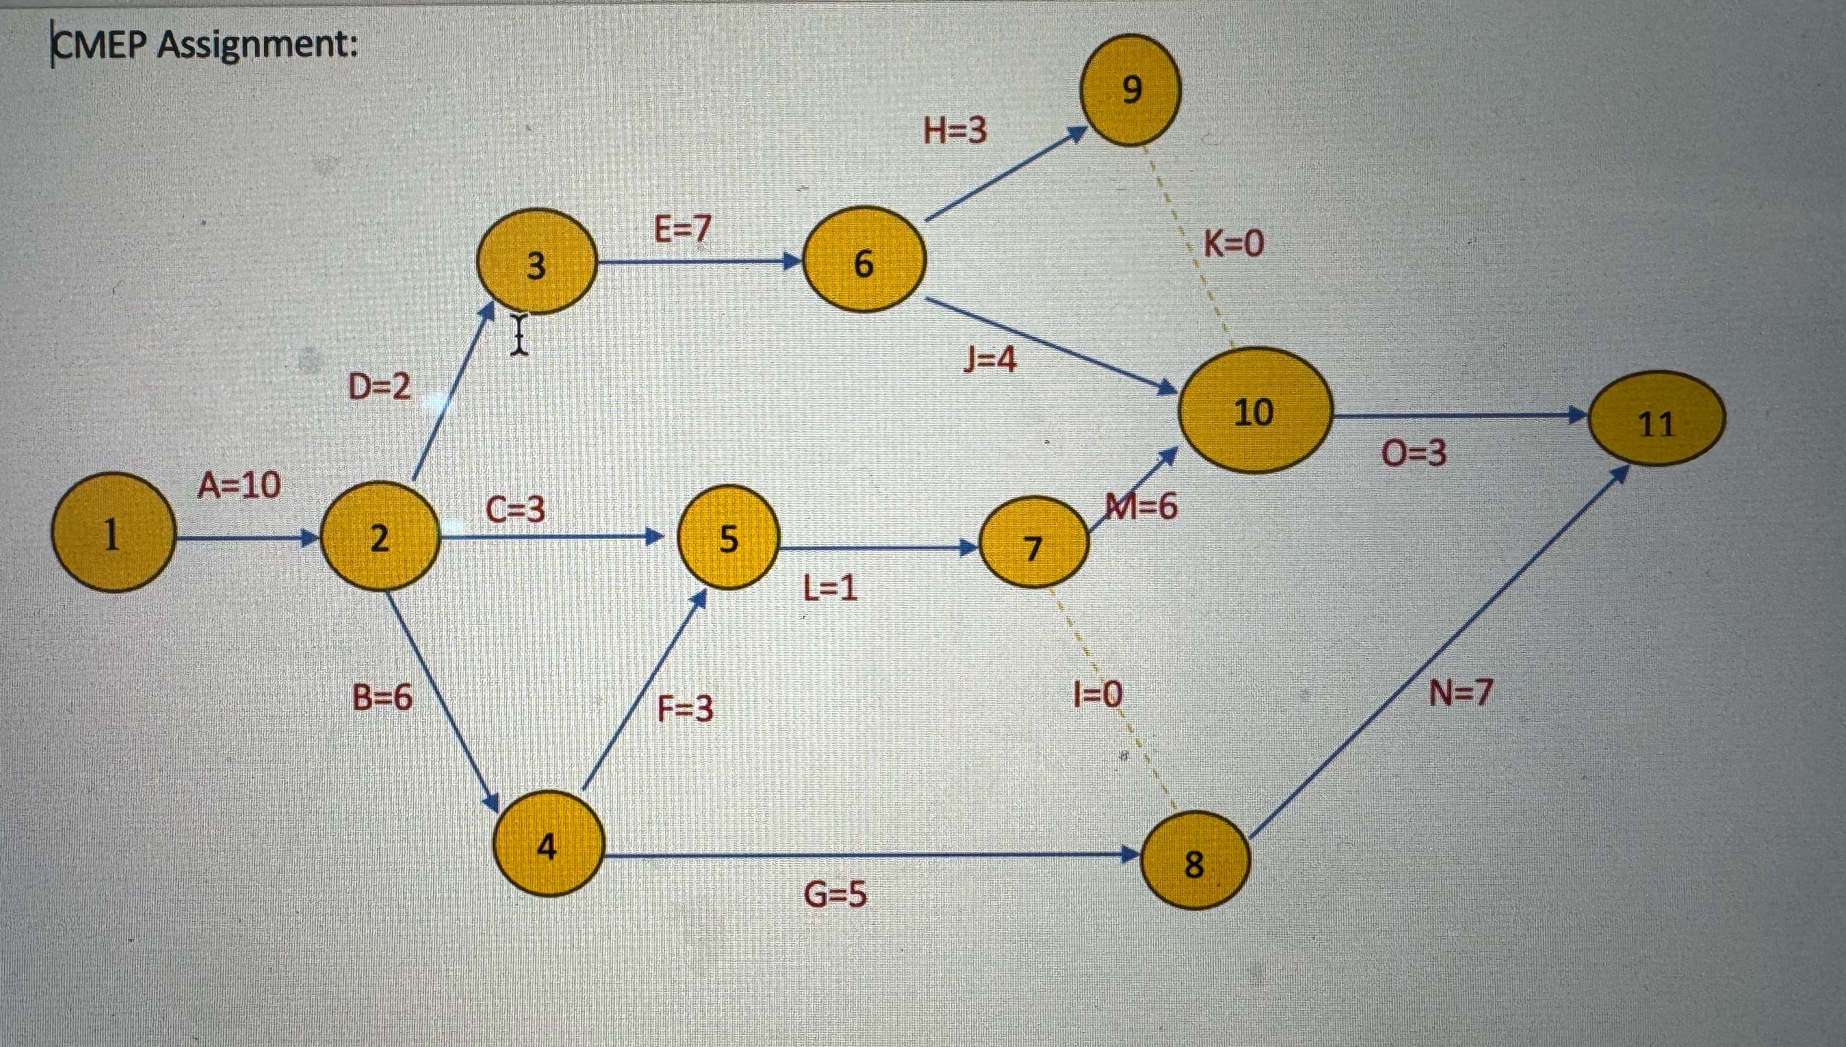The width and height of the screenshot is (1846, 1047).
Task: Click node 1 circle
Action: pyautogui.click(x=113, y=533)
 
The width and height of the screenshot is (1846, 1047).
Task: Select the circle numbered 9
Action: pyautogui.click(x=1132, y=90)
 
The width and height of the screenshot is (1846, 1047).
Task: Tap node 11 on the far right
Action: pyautogui.click(x=1656, y=419)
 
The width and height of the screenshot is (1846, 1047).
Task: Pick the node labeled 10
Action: pyautogui.click(x=1254, y=411)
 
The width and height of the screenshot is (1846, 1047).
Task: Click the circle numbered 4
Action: pyautogui.click(x=548, y=844)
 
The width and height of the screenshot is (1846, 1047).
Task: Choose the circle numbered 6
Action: pyautogui.click(x=863, y=260)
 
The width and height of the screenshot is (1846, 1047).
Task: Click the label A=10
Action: pyautogui.click(x=239, y=486)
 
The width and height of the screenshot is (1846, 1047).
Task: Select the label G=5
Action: pyautogui.click(x=835, y=895)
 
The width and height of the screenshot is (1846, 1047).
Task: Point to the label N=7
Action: pyautogui.click(x=1460, y=693)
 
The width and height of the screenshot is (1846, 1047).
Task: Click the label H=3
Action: pyautogui.click(x=955, y=131)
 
